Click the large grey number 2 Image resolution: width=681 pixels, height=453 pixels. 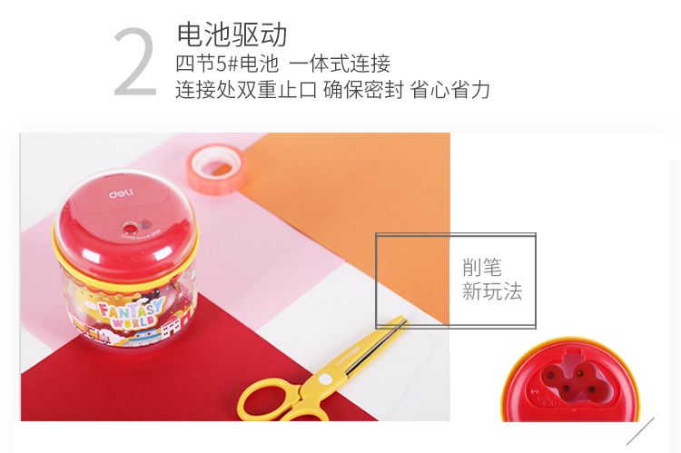pyautogui.click(x=135, y=62)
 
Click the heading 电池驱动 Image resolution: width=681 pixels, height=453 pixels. pyautogui.click(x=232, y=34)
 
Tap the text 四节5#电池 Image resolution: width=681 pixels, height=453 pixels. pyautogui.click(x=227, y=64)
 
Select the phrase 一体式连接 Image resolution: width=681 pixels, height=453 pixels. pyautogui.click(x=340, y=64)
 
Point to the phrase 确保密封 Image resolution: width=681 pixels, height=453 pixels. pyautogui.click(x=363, y=90)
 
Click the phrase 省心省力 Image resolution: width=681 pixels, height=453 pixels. pyautogui.click(x=450, y=90)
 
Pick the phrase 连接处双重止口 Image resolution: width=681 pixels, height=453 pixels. pyautogui.click(x=246, y=90)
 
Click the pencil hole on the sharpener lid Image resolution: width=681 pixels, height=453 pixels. pyautogui.click(x=130, y=228)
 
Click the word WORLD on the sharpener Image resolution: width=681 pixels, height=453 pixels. pyautogui.click(x=133, y=322)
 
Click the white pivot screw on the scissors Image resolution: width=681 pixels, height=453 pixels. pyautogui.click(x=325, y=379)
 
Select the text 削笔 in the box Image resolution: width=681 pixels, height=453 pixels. pyautogui.click(x=482, y=267)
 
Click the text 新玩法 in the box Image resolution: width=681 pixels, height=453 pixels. pyautogui.click(x=492, y=291)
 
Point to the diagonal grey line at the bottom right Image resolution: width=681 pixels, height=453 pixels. pyautogui.click(x=640, y=431)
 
